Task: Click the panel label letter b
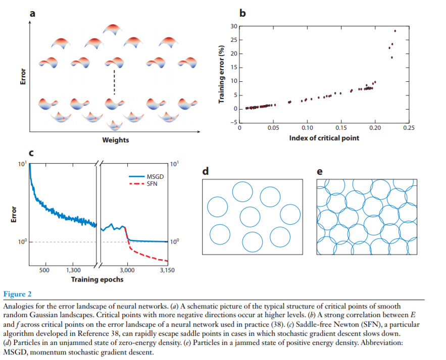coord(242,14)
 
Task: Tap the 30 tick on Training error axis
coord(233,26)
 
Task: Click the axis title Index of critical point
coord(324,138)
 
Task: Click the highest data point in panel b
coord(395,31)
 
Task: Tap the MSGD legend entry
coord(154,176)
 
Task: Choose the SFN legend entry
coord(152,183)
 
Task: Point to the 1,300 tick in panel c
coord(73,270)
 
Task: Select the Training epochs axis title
coord(97,279)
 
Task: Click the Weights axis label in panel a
coord(116,140)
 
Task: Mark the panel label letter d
coord(206,172)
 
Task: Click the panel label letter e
coord(319,172)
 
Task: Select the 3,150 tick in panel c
coord(167,270)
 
